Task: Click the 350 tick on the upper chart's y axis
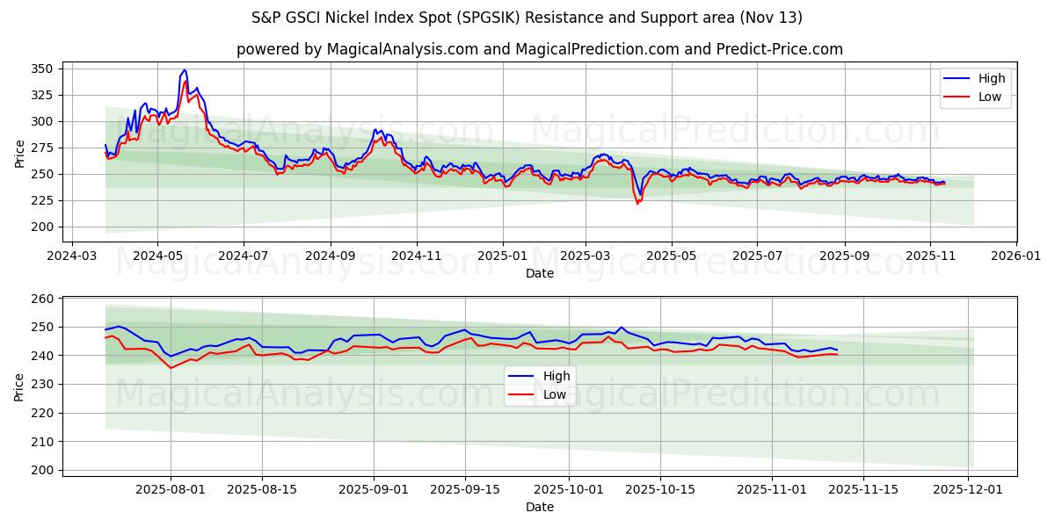click(46, 69)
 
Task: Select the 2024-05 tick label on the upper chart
click(157, 256)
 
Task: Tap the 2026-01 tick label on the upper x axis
click(1015, 256)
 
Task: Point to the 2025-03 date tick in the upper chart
click(586, 256)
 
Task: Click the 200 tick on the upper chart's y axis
click(46, 227)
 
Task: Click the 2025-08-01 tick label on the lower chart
click(170, 490)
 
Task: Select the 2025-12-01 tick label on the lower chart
click(968, 490)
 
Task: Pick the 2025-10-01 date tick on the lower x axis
click(569, 490)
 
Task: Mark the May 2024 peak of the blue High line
click(184, 69)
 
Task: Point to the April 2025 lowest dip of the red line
click(637, 204)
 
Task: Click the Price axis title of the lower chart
click(20, 386)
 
